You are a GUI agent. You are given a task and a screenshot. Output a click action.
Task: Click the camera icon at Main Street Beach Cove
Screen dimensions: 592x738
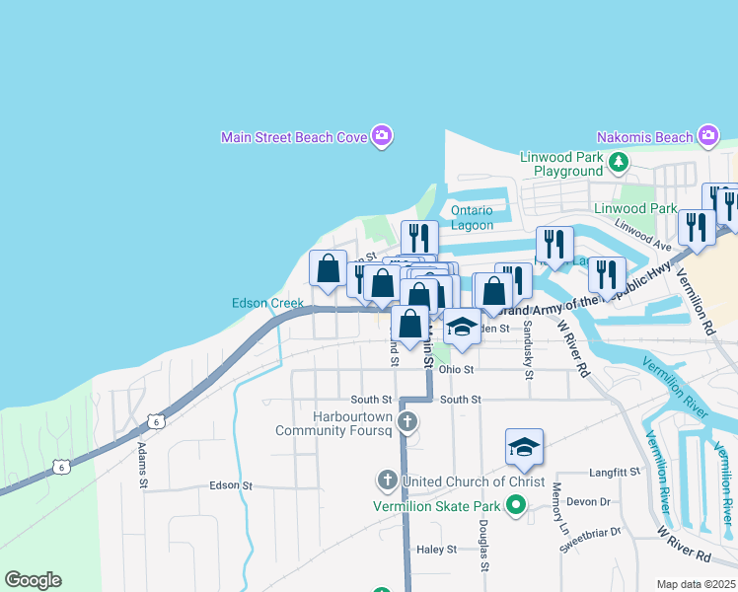[382, 137]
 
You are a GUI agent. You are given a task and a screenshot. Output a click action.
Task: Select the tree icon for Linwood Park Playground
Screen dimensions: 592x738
[619, 163]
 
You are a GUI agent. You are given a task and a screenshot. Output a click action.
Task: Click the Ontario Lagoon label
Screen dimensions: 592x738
[472, 217]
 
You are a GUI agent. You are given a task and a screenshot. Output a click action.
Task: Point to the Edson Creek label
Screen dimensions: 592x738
[267, 303]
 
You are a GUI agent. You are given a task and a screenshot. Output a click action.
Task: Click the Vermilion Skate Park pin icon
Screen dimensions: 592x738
[514, 506]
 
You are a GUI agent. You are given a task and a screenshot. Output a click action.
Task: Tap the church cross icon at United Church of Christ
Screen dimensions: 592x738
[387, 481]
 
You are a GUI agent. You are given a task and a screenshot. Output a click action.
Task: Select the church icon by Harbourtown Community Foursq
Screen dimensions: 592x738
[408, 422]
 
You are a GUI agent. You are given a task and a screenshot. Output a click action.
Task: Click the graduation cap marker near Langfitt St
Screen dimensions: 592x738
[525, 447]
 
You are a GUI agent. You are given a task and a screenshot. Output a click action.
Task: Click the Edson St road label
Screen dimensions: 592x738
[232, 485]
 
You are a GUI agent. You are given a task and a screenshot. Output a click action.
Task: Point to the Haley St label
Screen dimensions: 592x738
[437, 549]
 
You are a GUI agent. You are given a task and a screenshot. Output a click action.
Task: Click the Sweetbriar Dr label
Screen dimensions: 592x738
[589, 531]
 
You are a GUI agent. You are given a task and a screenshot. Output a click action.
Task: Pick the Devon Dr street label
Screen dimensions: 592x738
[591, 501]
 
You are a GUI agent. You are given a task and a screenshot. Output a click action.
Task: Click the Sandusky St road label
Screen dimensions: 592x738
[529, 350]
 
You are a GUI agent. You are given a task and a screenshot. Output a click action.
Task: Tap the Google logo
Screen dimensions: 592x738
[33, 580]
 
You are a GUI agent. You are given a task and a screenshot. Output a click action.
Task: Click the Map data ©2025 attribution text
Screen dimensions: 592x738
[696, 584]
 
